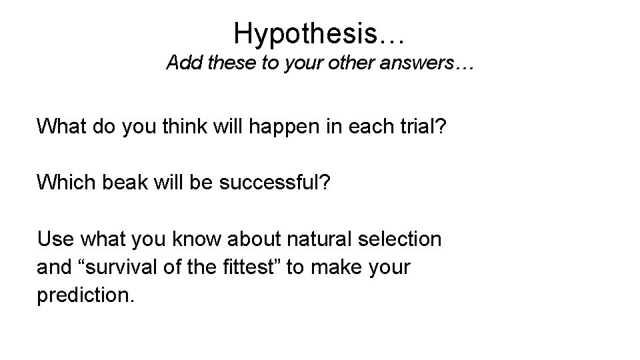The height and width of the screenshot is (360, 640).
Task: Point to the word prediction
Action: point(86,296)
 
